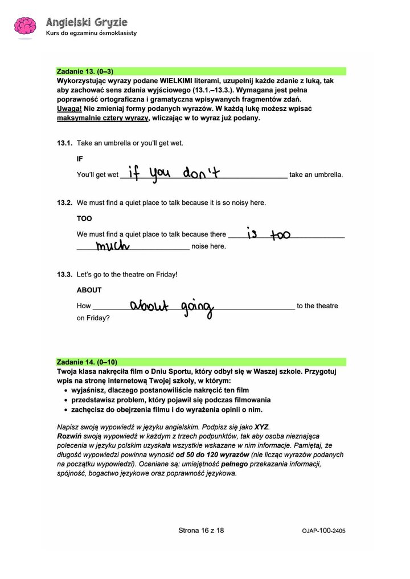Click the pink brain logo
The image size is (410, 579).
pyautogui.click(x=24, y=27)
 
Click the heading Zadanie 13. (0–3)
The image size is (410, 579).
pyautogui.click(x=85, y=72)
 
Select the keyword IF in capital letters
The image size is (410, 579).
pyautogui.click(x=80, y=159)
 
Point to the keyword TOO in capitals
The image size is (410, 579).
pyautogui.click(x=84, y=218)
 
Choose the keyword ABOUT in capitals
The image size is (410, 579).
pyautogui.click(x=89, y=290)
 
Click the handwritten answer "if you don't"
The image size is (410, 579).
pyautogui.click(x=174, y=172)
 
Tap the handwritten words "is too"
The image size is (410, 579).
pyautogui.click(x=268, y=233)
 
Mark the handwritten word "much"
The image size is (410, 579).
pyautogui.click(x=113, y=246)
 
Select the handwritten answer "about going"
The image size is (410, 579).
pyautogui.click(x=171, y=307)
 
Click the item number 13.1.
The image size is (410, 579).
pyautogui.click(x=64, y=143)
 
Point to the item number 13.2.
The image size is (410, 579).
pyautogui.click(x=64, y=202)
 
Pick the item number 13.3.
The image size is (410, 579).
pyautogui.click(x=64, y=274)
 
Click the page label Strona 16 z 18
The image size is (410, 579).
pyautogui.click(x=201, y=530)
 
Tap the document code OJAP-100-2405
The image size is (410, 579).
pyautogui.click(x=323, y=531)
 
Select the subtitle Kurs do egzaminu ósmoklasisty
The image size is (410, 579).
pyautogui.click(x=91, y=33)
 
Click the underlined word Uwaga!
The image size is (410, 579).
pyautogui.click(x=68, y=108)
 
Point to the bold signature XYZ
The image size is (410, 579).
pyautogui.click(x=261, y=427)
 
